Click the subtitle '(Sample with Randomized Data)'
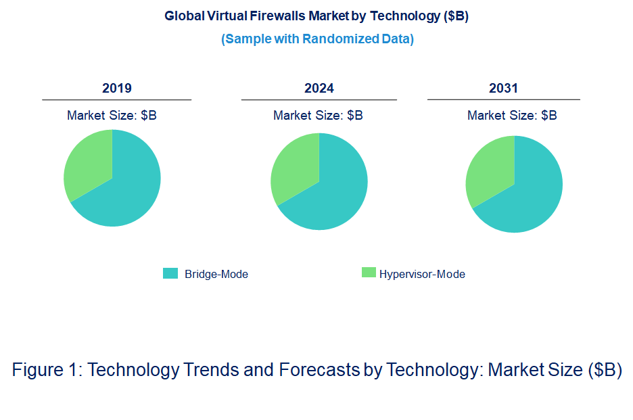[317, 39]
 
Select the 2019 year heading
[116, 89]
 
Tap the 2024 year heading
[319, 89]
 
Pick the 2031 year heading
[503, 89]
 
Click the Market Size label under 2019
[112, 116]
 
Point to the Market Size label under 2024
[318, 116]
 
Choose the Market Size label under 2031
[512, 116]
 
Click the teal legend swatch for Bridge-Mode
[170, 273]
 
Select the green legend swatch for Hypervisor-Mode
[369, 273]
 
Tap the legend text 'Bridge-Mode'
[216, 275]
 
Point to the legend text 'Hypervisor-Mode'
[422, 275]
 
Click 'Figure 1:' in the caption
[47, 371]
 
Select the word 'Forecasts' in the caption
[319, 371]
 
